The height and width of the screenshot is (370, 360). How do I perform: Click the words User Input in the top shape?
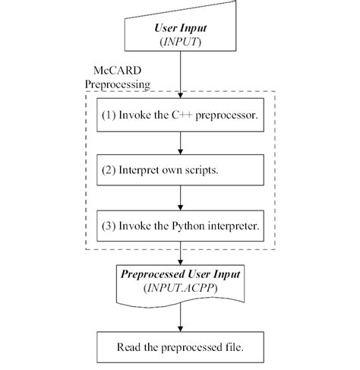pos(180,28)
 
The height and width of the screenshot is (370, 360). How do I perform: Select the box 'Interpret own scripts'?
pos(179,169)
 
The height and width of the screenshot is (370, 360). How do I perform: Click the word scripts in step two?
pos(202,169)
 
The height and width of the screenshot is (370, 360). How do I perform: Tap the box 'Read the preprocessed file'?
pos(180,348)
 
